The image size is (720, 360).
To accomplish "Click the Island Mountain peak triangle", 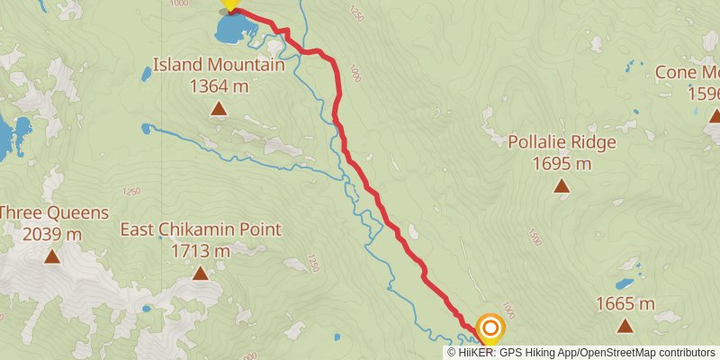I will pyautogui.click(x=218, y=109).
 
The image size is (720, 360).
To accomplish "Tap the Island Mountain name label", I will pyautogui.click(x=218, y=65).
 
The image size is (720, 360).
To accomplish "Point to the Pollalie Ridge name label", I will pyautogui.click(x=562, y=142).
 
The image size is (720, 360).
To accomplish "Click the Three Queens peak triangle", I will pyautogui.click(x=52, y=256).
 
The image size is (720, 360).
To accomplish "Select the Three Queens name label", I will pyautogui.click(x=54, y=213).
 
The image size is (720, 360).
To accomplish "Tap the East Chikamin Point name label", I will pyautogui.click(x=201, y=229).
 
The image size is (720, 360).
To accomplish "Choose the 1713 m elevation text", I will pyautogui.click(x=201, y=250).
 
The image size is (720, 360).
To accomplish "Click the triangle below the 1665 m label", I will pyautogui.click(x=625, y=324).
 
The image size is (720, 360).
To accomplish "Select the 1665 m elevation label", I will pyautogui.click(x=625, y=303).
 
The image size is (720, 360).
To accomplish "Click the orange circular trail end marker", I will pyautogui.click(x=490, y=328).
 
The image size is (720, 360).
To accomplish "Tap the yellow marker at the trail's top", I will pyautogui.click(x=230, y=4).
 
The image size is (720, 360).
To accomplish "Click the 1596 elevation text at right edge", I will pyautogui.click(x=704, y=93).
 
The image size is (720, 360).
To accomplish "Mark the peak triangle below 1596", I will pyautogui.click(x=715, y=114).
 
